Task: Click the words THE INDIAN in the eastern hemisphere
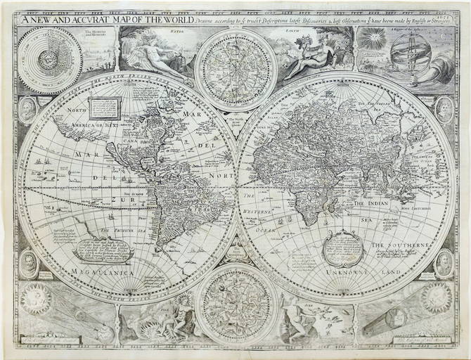point(376,203)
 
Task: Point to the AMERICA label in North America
point(75,127)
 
